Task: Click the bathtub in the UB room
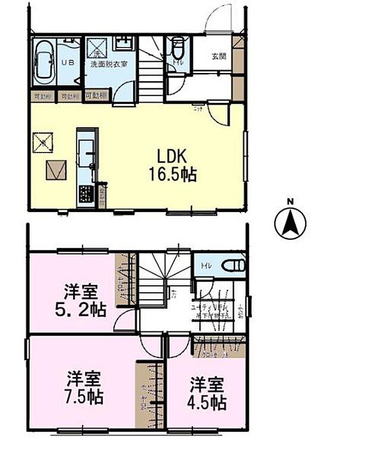[x=45, y=63]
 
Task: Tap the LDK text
[x=172, y=156]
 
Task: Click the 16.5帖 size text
[x=173, y=175]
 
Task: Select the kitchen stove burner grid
[x=85, y=194]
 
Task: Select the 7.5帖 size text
[x=83, y=397]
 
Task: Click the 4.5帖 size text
[x=207, y=402]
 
